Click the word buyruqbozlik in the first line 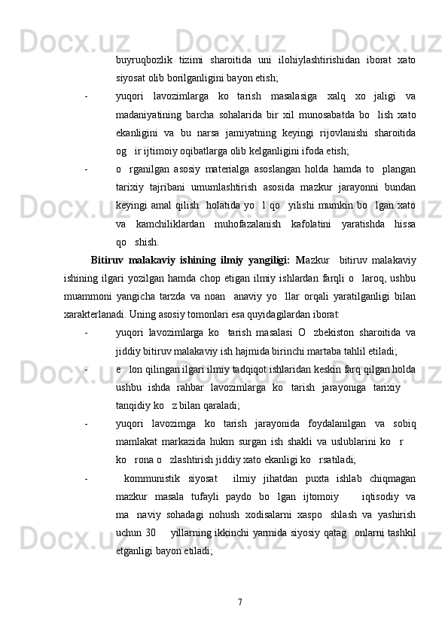pyautogui.click(x=143, y=60)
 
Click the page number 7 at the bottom pyautogui.click(x=239, y=603)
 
